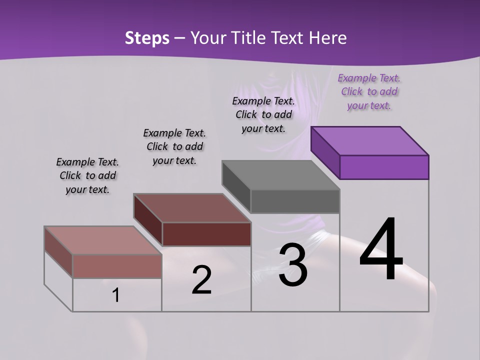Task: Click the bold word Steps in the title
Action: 147,38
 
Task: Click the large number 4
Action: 381,250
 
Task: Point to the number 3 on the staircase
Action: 293,265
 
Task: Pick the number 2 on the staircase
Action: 201,280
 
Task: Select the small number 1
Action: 116,295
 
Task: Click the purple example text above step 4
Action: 369,92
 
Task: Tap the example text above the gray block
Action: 263,114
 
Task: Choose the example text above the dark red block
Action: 174,146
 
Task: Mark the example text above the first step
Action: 87,175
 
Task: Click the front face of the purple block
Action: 384,167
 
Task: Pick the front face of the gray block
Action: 295,201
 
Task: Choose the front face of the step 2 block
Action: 206,234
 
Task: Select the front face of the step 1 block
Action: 117,266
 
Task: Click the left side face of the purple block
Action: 325,152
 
